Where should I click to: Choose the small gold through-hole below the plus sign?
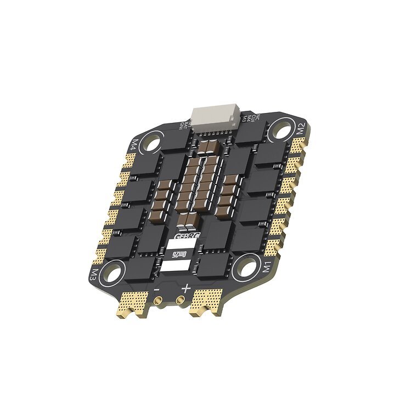pyautogui.click(x=180, y=301)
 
